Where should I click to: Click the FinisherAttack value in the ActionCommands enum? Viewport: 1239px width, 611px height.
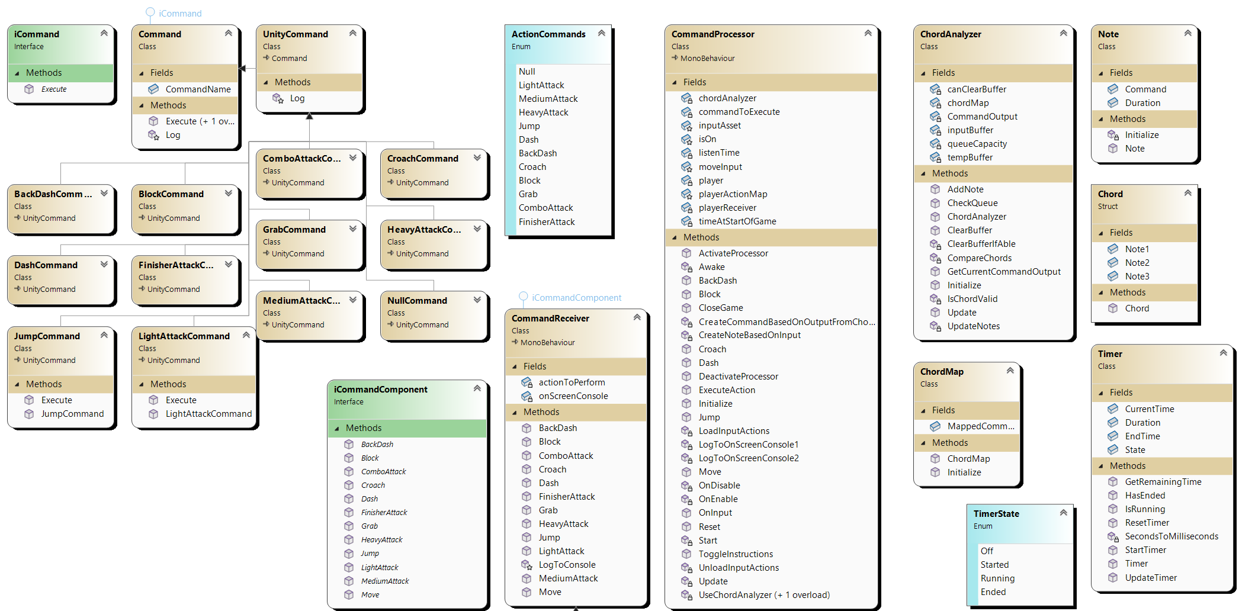click(547, 222)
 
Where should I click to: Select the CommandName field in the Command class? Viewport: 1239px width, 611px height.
click(198, 89)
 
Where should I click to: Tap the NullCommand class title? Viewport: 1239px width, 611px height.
click(417, 301)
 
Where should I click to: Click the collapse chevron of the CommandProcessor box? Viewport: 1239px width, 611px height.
click(868, 33)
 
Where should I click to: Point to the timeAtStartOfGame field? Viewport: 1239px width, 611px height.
click(737, 221)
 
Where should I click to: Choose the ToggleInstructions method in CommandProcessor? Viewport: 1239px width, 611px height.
click(736, 554)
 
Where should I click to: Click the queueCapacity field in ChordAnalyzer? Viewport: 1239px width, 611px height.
click(977, 144)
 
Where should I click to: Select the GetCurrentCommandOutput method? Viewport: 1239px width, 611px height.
click(1004, 272)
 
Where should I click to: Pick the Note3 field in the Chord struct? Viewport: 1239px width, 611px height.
click(1137, 276)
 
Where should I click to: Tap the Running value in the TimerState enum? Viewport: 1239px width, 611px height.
click(997, 578)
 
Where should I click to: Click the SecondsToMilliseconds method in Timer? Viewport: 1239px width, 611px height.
click(1171, 536)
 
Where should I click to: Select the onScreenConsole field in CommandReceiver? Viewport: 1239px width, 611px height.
click(573, 396)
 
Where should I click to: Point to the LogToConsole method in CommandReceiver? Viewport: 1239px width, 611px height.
click(567, 565)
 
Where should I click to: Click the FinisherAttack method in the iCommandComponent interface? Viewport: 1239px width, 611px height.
click(384, 513)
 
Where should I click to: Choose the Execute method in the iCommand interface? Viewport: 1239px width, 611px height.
click(54, 89)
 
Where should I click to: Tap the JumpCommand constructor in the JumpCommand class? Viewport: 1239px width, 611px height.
click(72, 414)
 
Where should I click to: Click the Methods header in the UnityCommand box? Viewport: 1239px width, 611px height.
click(293, 82)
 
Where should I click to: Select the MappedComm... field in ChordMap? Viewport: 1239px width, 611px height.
click(980, 426)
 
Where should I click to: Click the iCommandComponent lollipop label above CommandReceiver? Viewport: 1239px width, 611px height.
click(576, 298)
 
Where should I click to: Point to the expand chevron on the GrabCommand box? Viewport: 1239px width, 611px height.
click(353, 229)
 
